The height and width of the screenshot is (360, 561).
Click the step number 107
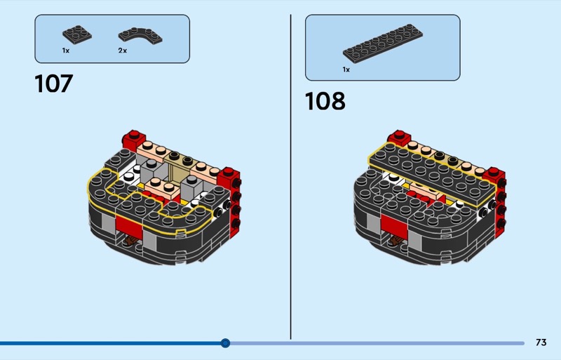[54, 84]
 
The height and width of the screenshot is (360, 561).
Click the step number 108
[325, 100]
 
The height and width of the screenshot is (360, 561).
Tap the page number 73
[541, 342]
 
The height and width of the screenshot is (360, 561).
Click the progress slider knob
[225, 343]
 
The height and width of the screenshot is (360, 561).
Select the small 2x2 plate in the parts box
[77, 35]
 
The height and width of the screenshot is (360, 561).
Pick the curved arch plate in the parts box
[140, 36]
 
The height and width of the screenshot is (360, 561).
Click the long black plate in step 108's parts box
[382, 44]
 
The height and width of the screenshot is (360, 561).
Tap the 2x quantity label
[122, 51]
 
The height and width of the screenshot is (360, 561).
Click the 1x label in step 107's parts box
[66, 51]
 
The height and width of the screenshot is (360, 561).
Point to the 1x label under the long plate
[346, 69]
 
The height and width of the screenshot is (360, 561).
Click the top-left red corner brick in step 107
[134, 139]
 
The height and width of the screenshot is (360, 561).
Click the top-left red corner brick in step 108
[398, 138]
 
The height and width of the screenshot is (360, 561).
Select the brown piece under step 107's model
[130, 241]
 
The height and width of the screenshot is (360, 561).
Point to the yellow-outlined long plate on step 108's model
[433, 174]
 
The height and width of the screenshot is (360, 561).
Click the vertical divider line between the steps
[290, 177]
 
